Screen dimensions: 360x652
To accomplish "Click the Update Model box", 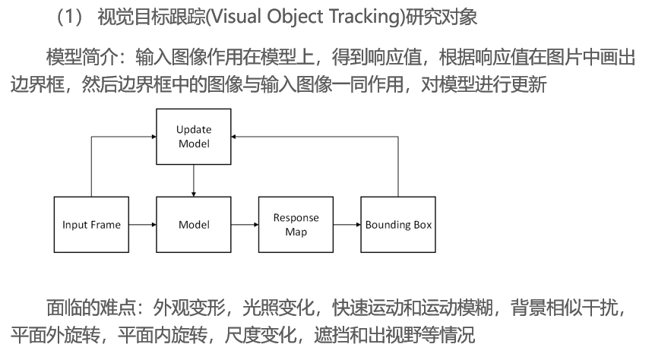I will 194,137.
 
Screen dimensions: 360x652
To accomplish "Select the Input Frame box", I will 91,225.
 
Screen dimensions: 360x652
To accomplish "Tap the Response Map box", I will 296,225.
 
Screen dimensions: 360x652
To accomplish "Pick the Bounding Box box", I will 398,225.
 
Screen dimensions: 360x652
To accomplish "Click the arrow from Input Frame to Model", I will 142,225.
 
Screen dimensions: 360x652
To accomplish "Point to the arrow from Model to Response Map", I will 245,225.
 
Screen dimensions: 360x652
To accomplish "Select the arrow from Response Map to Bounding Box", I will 347,225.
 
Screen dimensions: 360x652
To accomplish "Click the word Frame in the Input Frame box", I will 106,225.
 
